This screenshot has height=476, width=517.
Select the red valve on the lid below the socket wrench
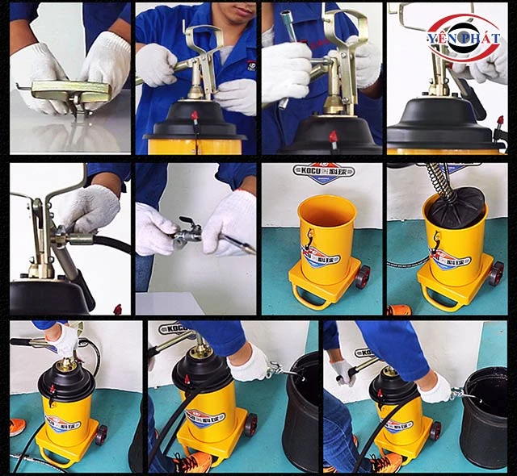[333, 136]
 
